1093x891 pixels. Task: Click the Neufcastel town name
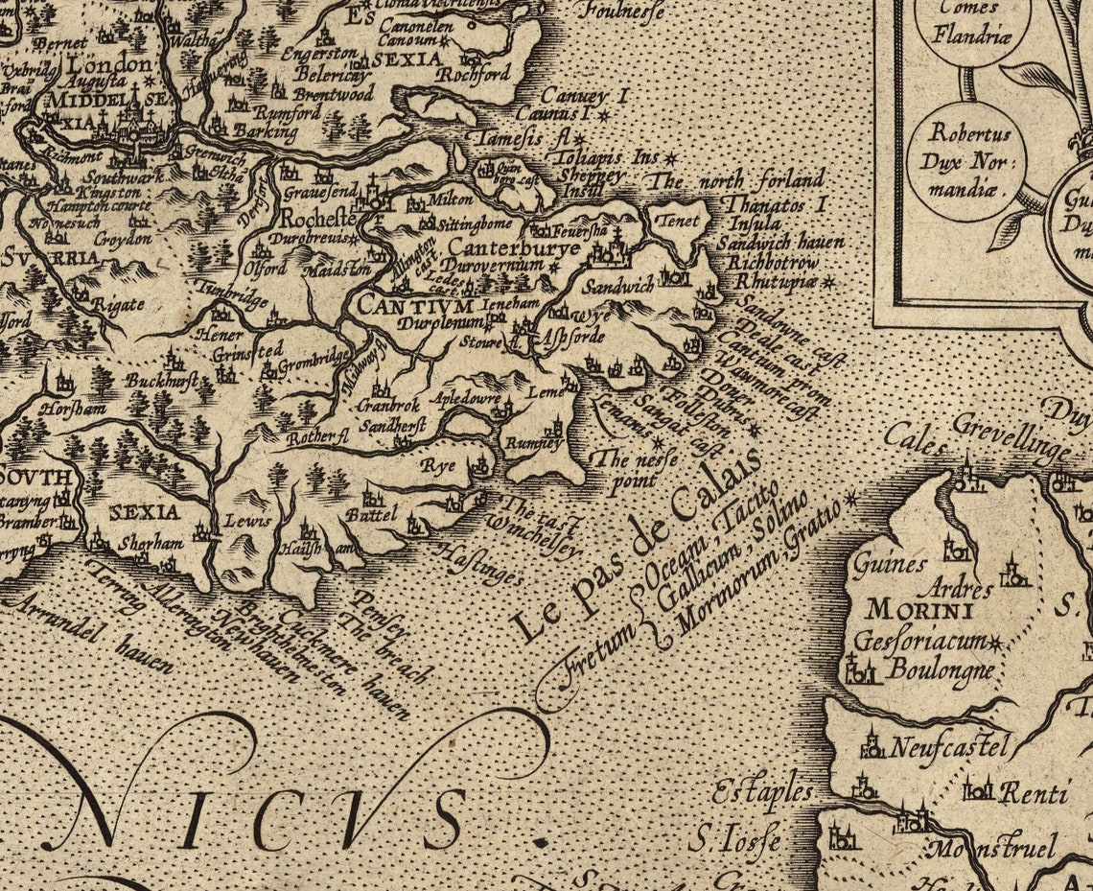coord(949,745)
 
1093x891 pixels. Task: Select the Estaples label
coord(762,794)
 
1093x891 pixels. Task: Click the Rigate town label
coord(119,305)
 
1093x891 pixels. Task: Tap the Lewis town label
coord(243,521)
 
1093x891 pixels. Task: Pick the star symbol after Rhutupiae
coord(828,283)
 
